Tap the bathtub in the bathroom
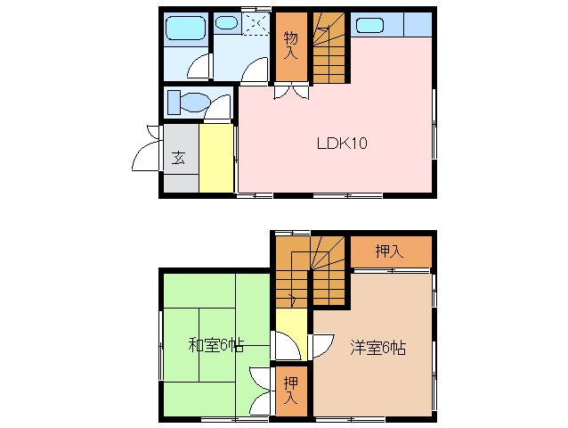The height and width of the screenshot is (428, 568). coord(185,28)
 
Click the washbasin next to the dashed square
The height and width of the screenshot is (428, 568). coord(227,24)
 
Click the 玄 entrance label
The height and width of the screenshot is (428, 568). coord(178,159)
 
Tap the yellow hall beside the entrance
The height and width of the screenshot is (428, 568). coord(216,159)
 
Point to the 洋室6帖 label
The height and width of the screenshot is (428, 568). coord(377,348)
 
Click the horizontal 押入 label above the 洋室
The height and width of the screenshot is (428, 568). coord(389,251)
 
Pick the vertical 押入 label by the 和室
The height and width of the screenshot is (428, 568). coord(290,391)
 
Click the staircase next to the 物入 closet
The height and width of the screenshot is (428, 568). coord(329,50)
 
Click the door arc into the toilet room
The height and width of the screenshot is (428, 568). coord(216,111)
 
